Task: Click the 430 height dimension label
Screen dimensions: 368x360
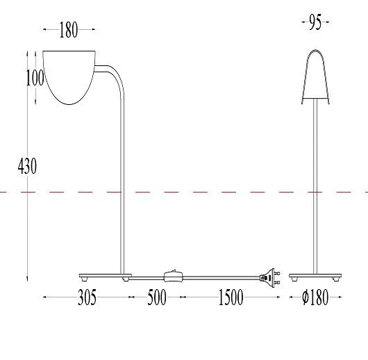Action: coord(27,166)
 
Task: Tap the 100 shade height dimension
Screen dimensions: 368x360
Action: coord(35,78)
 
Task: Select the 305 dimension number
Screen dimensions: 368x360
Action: coord(87,297)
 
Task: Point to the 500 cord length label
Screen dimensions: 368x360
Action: coord(157,297)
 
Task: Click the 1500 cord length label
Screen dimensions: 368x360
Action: coord(231,297)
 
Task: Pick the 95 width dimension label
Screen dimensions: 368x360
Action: coord(315,22)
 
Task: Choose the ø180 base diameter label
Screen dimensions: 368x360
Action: coord(315,297)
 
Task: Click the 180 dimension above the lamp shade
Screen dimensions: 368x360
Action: coord(69,30)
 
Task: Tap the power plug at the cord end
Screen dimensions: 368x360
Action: coord(270,278)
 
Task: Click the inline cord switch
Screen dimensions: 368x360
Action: coord(173,276)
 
